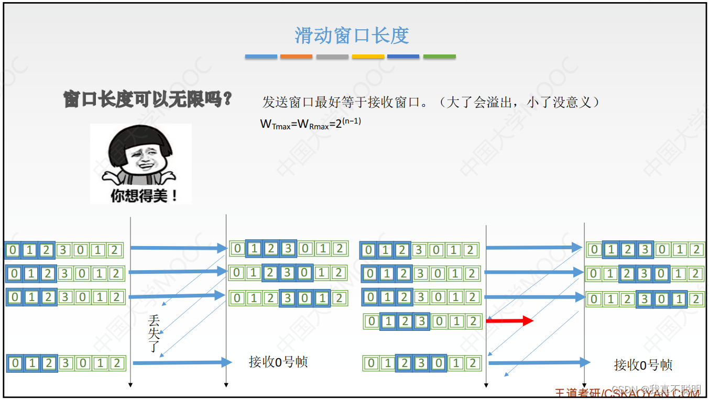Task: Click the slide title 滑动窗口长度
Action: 352,36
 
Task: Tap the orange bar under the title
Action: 296,57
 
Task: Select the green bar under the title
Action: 439,57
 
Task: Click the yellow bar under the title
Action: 368,57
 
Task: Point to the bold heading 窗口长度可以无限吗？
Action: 148,99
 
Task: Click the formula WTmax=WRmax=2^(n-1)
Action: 310,124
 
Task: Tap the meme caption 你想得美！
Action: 144,195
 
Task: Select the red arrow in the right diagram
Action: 509,320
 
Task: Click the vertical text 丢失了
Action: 154,333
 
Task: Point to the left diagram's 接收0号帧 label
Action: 278,362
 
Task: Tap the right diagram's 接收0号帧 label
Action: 643,365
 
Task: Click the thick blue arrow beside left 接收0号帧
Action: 181,362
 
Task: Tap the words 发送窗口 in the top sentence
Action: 282,102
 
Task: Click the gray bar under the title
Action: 332,57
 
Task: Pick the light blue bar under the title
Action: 261,57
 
